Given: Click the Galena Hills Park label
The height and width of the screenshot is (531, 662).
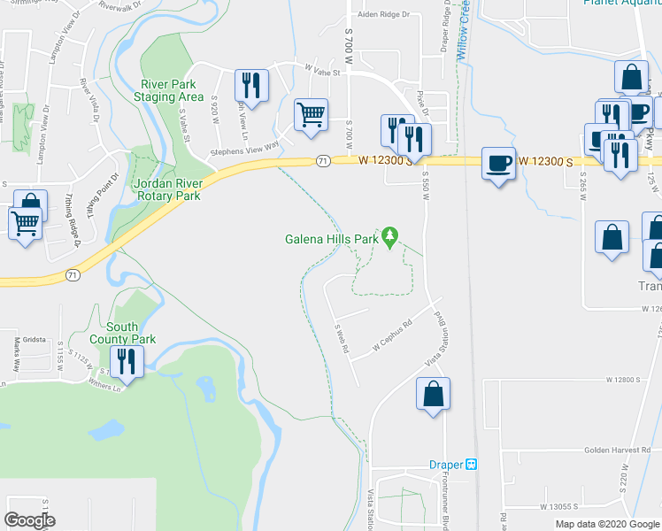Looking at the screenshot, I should click(x=331, y=238).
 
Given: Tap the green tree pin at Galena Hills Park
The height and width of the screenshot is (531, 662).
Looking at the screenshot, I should click(x=389, y=236).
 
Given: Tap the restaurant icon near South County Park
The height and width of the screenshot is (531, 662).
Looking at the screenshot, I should click(x=127, y=361).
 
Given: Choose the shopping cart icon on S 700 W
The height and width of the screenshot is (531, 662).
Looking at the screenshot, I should click(x=311, y=114).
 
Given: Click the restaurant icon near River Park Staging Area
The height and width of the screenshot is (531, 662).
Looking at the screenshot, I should click(x=250, y=85).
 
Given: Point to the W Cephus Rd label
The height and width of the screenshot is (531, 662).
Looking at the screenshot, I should click(x=393, y=335).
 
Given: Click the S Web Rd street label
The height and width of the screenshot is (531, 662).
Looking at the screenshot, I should click(x=342, y=337).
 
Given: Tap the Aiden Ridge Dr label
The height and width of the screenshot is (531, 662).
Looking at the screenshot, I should click(x=382, y=15).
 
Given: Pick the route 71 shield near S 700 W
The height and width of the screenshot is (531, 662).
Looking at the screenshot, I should click(x=323, y=161).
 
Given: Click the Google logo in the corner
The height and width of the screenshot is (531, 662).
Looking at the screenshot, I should click(x=29, y=520).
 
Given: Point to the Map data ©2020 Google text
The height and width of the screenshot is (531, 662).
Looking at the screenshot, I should click(x=607, y=524).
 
